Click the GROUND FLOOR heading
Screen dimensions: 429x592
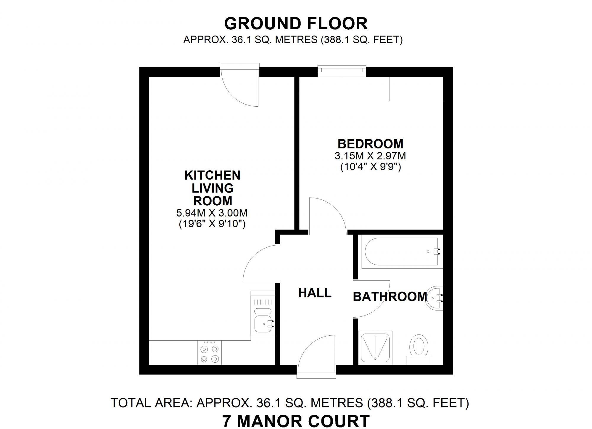[x=296, y=24]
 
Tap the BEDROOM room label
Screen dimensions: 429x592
[x=370, y=144]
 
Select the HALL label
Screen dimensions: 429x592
[x=315, y=293]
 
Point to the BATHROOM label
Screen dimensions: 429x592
[x=390, y=297]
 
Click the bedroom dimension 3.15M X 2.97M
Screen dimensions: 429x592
[x=370, y=156]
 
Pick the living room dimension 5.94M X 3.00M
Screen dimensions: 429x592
[x=212, y=213]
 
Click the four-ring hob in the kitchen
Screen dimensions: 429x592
[x=209, y=353]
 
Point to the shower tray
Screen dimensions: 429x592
[x=375, y=347]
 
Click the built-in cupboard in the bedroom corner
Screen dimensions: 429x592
[x=416, y=89]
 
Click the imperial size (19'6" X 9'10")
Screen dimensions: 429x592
[x=212, y=224]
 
